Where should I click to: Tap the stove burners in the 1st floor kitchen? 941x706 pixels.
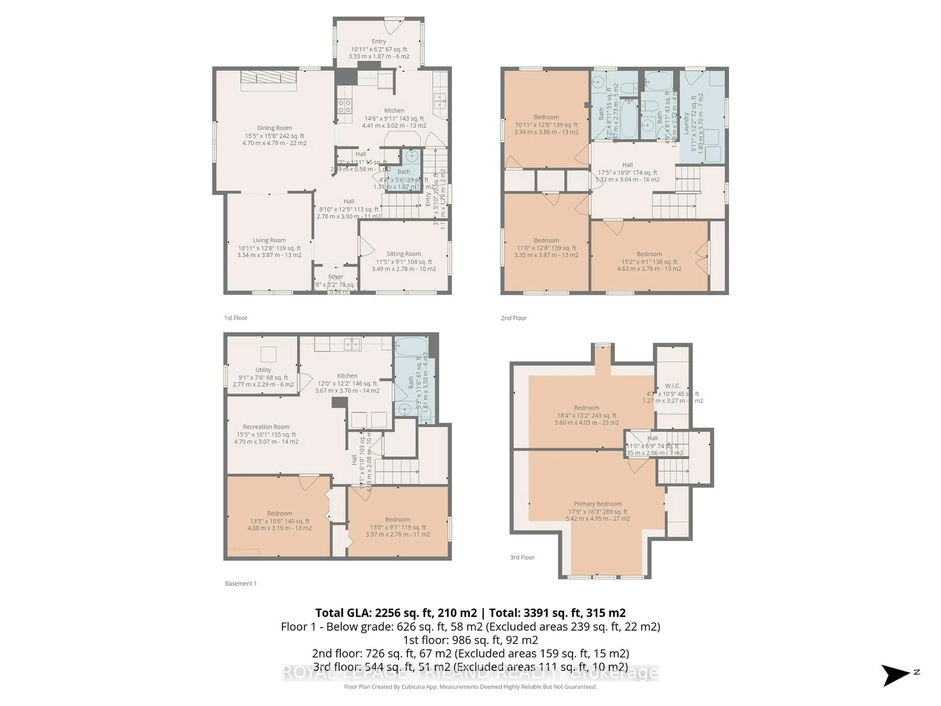click(x=345, y=106)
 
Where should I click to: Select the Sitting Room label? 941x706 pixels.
click(x=404, y=254)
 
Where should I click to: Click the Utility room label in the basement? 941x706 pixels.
click(x=263, y=370)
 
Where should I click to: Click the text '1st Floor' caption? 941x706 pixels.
click(x=236, y=318)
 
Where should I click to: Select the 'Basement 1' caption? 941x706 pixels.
click(x=241, y=583)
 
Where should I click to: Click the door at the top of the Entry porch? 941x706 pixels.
click(x=394, y=25)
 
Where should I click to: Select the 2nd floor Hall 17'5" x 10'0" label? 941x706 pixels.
click(x=628, y=172)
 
